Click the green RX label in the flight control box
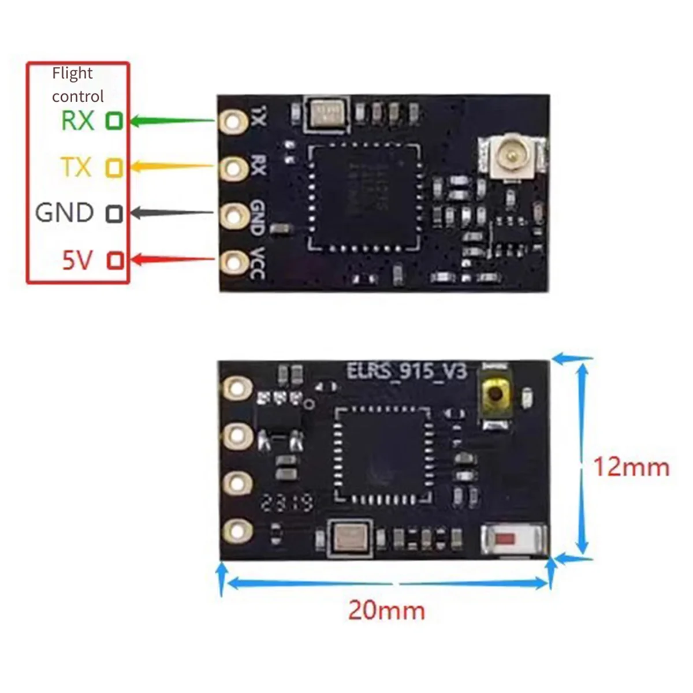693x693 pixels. (x=77, y=121)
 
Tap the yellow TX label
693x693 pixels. (x=76, y=167)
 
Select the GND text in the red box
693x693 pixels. (x=64, y=213)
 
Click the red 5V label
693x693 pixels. (x=77, y=260)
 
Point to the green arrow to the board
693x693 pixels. (x=173, y=121)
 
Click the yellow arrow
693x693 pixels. (x=173, y=167)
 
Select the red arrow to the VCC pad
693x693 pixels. (x=173, y=260)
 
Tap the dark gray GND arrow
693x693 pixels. (x=173, y=213)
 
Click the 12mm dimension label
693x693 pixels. (x=632, y=467)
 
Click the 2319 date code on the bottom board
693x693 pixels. (x=286, y=502)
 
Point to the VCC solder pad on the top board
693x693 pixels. (x=233, y=261)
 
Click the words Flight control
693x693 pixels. (x=77, y=84)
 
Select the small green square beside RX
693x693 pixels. (x=114, y=121)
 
